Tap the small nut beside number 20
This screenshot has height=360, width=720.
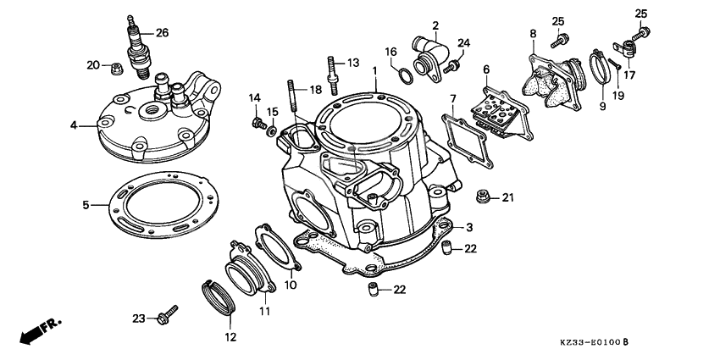114,65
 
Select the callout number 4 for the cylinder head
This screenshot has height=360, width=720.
74,125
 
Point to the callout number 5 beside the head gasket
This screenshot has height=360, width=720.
86,204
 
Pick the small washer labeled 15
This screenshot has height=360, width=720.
270,130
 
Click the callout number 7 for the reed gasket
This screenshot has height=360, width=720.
453,99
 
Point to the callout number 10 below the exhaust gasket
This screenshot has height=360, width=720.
291,285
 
